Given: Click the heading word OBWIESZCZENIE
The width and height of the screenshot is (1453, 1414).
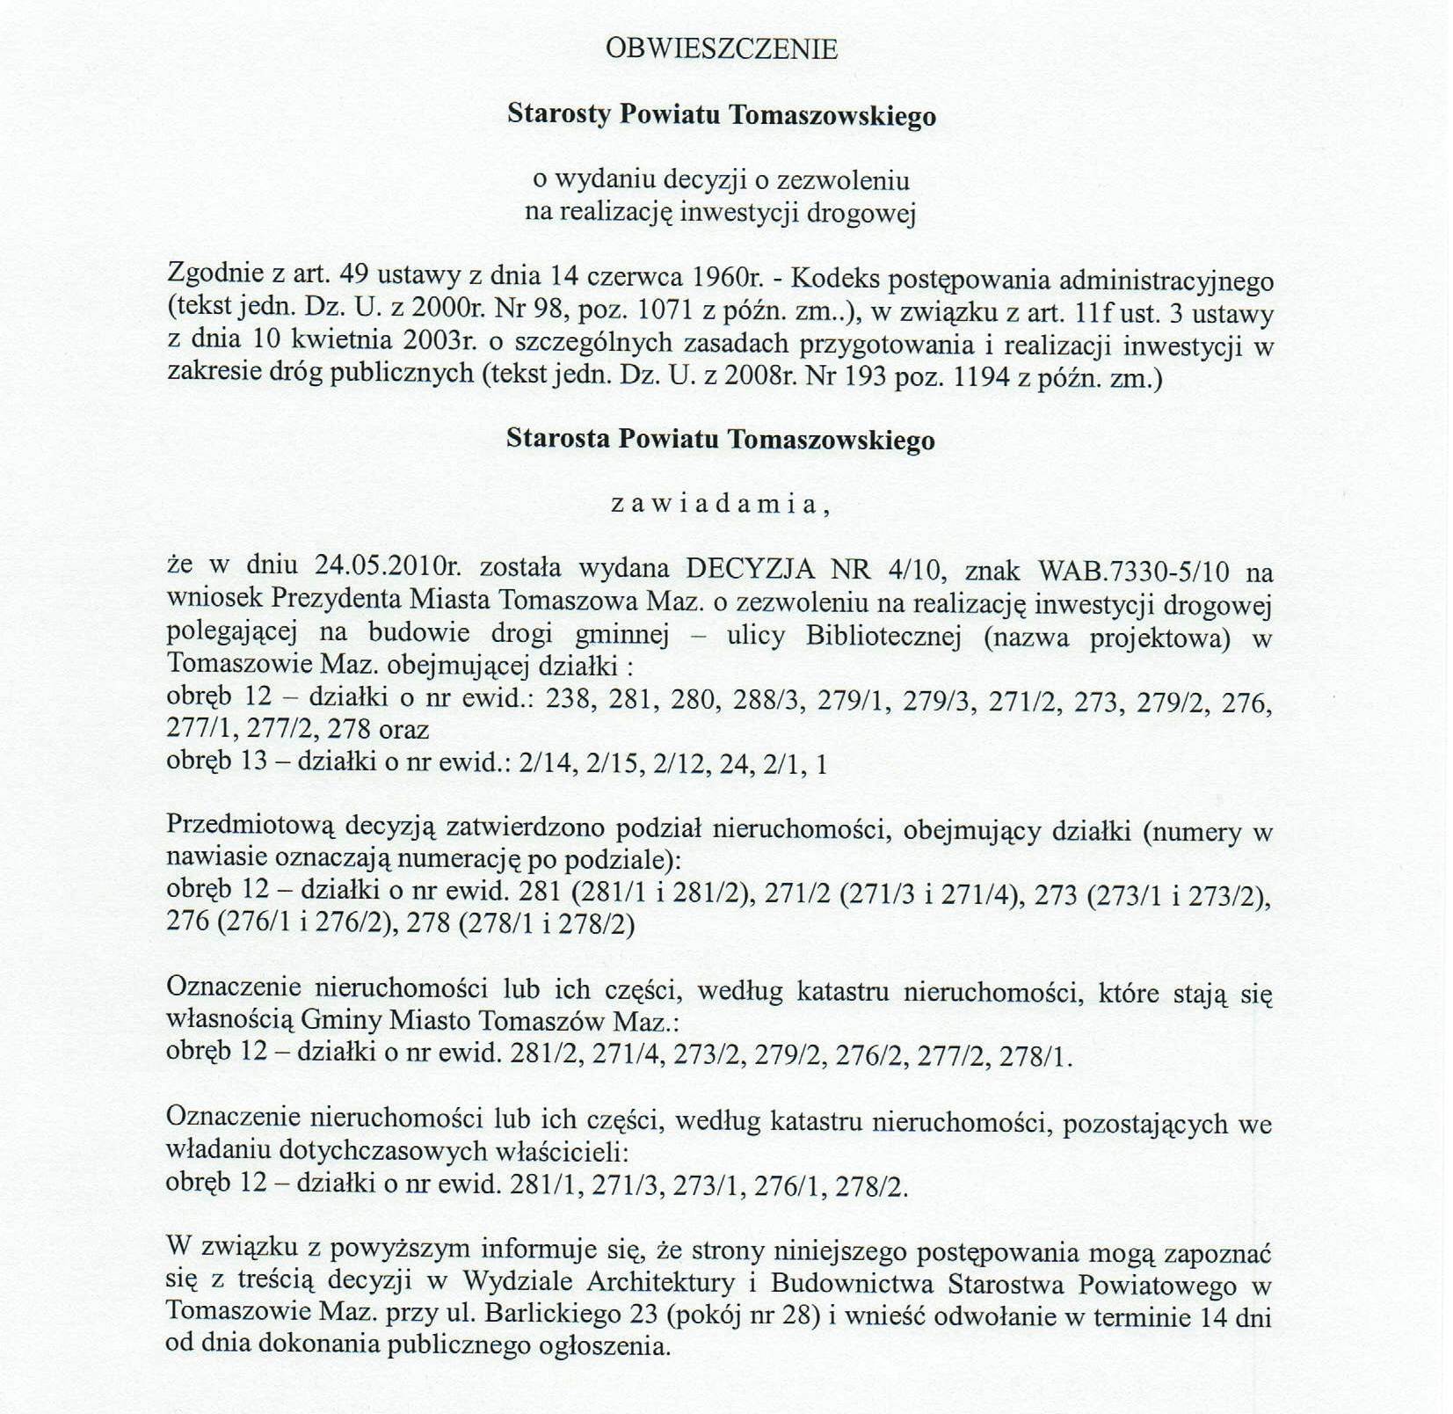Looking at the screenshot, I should [721, 49].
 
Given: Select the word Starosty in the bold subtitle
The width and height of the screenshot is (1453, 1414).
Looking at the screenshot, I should [558, 115].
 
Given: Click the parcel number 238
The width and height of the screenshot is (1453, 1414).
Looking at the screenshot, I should [570, 700].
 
